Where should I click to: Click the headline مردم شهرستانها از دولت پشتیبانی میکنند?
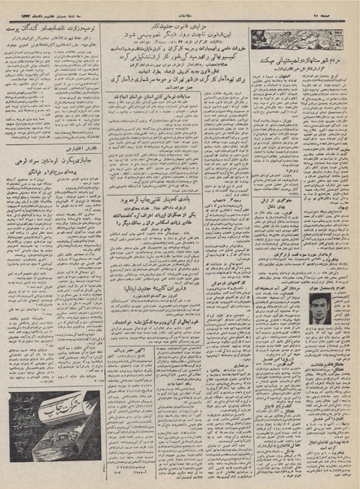click(x=303, y=59)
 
